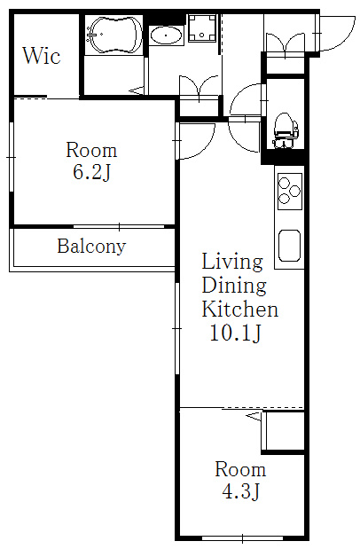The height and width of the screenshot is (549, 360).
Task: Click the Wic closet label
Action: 42,56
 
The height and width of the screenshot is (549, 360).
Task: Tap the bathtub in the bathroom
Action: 113,35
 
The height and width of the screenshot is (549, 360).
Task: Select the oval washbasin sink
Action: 166,35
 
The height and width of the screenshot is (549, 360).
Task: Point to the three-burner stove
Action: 290,192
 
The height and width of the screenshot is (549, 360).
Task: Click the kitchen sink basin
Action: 289,246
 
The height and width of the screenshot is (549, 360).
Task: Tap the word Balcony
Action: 91,247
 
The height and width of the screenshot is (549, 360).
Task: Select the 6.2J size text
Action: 91,172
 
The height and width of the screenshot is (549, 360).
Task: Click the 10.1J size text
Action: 235,333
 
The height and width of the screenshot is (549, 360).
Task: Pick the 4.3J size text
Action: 241,491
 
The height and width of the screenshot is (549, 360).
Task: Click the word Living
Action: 232,262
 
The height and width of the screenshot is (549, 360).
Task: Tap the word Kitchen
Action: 240,310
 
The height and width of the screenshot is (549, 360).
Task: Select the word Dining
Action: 234,286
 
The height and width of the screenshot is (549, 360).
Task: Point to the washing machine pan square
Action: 202,27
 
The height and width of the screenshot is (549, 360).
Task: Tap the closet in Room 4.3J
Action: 284,431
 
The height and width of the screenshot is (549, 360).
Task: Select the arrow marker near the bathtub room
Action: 137,91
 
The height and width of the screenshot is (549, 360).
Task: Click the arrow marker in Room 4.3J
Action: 254,416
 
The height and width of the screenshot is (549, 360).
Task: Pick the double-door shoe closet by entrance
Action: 285,44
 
